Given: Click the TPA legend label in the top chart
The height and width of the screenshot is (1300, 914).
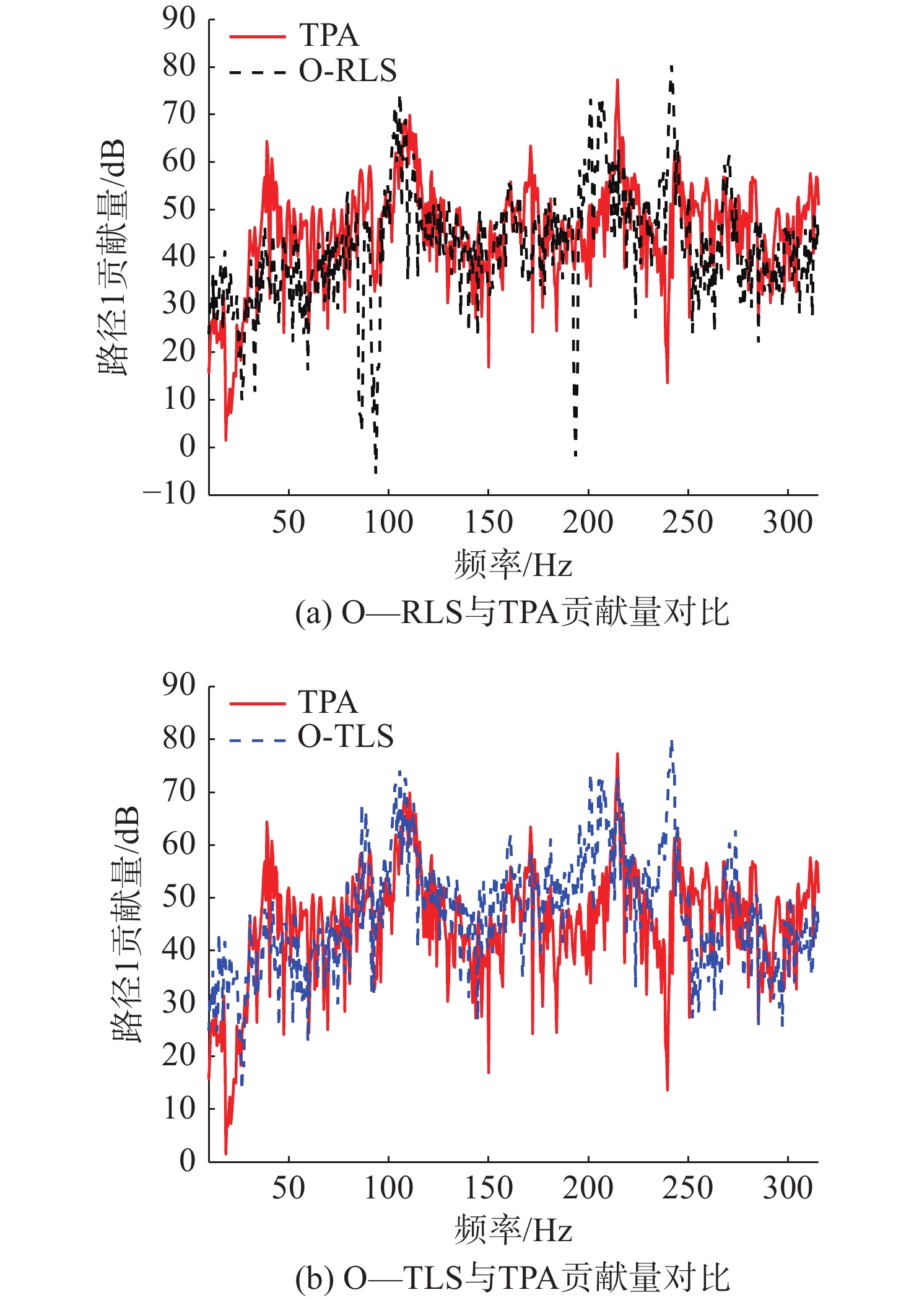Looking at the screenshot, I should (x=329, y=35).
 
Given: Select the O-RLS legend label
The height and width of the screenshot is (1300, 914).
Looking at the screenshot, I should (x=347, y=71).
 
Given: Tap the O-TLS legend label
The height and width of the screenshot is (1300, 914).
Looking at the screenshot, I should (x=346, y=736).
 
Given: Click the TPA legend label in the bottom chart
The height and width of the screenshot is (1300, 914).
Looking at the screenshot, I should (x=328, y=702).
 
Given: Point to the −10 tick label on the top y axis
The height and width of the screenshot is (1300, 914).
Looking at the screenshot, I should (x=170, y=494).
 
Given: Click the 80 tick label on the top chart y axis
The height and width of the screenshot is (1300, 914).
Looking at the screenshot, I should (x=179, y=66).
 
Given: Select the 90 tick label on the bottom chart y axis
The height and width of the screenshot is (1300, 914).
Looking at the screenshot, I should (x=179, y=685).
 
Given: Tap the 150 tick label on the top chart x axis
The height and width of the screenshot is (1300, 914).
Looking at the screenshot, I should (x=488, y=522).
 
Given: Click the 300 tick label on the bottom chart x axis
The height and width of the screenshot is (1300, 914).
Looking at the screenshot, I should (x=787, y=1188).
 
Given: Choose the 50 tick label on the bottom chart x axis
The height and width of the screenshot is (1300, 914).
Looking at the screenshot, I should (x=289, y=1188).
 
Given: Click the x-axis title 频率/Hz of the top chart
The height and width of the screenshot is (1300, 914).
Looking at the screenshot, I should (x=513, y=565).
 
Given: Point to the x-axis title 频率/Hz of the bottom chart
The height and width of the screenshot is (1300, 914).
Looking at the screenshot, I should (x=513, y=1230).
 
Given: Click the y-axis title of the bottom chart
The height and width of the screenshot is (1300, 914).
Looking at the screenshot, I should (x=127, y=923).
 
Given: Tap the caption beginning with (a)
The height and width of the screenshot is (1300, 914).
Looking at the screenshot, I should (x=512, y=613).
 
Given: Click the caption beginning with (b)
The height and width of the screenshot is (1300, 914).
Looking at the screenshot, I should (x=512, y=1278).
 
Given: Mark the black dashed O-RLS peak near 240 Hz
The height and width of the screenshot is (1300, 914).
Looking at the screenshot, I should (x=671, y=67).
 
